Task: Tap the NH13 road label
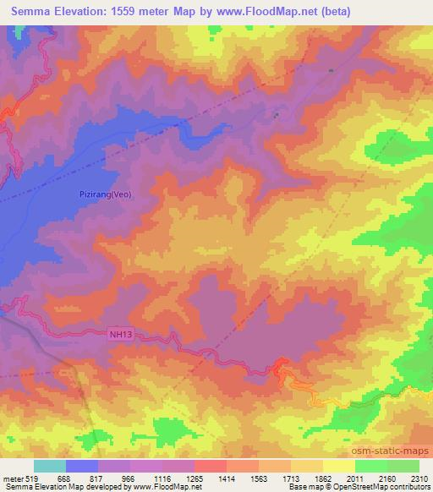point(121,334)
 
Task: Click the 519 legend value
point(32,479)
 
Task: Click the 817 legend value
point(96,479)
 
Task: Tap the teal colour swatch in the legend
point(50,466)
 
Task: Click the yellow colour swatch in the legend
point(339,466)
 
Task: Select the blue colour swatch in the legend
point(82,466)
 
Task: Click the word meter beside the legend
point(12,479)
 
